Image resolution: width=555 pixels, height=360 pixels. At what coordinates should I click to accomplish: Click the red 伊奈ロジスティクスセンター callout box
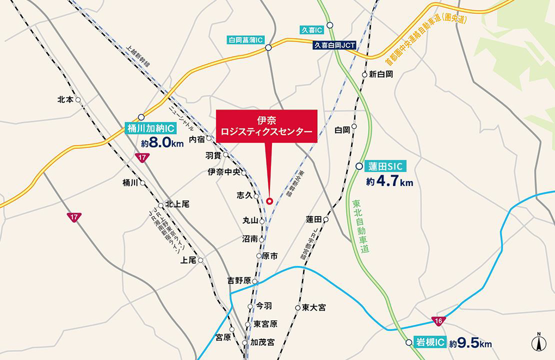[267, 126]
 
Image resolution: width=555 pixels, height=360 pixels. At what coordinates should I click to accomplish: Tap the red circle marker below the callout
[270, 200]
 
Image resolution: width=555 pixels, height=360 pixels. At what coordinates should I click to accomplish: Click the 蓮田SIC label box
[386, 167]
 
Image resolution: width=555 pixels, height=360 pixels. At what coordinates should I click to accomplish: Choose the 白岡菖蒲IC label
[246, 40]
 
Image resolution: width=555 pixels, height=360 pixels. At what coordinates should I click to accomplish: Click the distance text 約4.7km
[389, 182]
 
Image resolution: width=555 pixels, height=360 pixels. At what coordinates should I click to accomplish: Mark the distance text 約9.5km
[470, 344]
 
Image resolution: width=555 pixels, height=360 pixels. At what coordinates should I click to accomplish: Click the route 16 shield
[438, 320]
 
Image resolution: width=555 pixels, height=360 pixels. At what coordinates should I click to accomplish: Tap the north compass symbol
[538, 342]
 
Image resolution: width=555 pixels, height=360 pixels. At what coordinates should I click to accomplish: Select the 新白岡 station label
[381, 74]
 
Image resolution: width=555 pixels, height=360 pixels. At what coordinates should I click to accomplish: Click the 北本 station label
[65, 99]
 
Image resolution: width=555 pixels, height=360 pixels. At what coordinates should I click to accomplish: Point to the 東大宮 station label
[314, 307]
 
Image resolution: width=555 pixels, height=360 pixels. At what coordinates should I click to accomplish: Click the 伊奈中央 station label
[224, 172]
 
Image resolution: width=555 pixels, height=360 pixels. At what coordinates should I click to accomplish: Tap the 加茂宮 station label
[262, 342]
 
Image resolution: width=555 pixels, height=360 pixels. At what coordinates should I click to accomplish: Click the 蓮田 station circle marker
[326, 219]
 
